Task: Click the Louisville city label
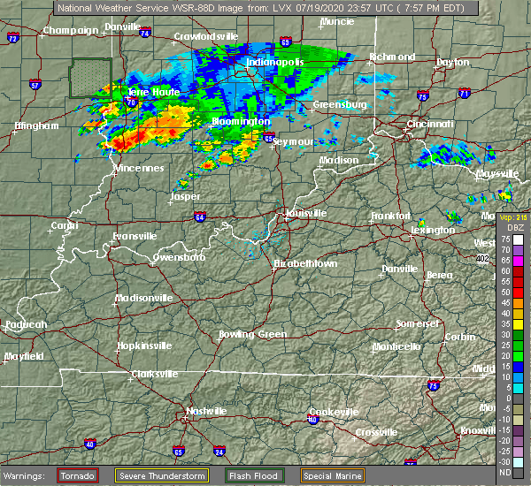pyautogui.click(x=306, y=214)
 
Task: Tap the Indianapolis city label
pyautogui.click(x=275, y=63)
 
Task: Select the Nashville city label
pyautogui.click(x=205, y=411)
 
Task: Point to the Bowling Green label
pyautogui.click(x=253, y=335)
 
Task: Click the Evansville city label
pyautogui.click(x=135, y=236)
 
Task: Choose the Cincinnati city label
pyautogui.click(x=430, y=125)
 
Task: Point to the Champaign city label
pyautogui.click(x=71, y=30)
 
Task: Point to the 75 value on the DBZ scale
pyautogui.click(x=504, y=239)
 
